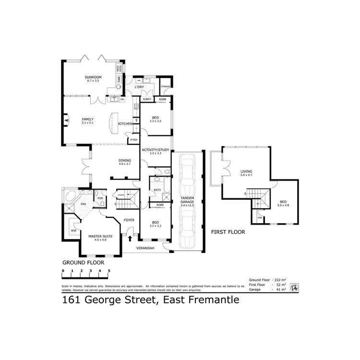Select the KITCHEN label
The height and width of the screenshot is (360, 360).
click(x=125, y=124)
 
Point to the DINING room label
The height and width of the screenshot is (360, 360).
click(x=125, y=160)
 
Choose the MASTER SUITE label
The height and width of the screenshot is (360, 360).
click(x=100, y=236)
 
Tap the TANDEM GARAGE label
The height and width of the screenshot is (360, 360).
click(x=187, y=200)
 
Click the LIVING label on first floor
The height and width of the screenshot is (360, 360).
click(x=246, y=171)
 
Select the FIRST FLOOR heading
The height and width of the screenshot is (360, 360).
click(x=228, y=232)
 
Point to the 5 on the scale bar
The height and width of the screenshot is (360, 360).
click(x=109, y=271)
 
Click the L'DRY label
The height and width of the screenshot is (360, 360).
click(x=140, y=87)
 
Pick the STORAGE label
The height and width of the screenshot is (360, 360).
click(x=166, y=86)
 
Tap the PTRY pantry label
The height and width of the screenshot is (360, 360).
click(x=134, y=140)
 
